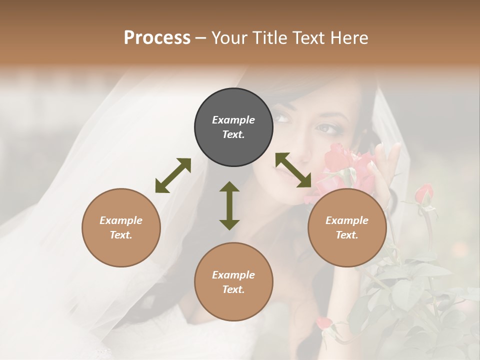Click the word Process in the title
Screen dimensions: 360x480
coord(157,38)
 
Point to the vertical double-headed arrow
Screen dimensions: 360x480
coord(229,205)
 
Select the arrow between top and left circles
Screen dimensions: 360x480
coord(173,175)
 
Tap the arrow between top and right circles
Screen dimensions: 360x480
coord(293,170)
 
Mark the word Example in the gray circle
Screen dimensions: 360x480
coord(233,120)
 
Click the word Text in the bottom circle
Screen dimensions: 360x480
coord(233,289)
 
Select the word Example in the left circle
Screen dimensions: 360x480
coord(121,220)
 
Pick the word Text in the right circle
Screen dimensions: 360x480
coord(347,235)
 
